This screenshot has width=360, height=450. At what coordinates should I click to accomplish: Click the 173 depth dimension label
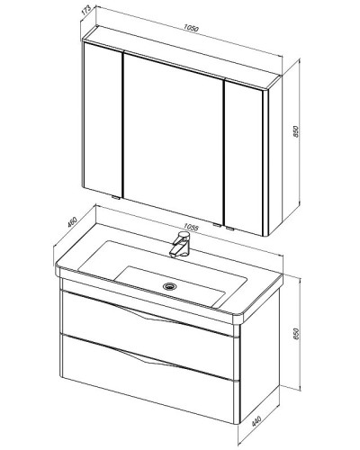[x=86, y=11]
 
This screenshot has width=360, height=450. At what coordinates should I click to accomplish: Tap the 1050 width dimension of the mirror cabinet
[x=191, y=28]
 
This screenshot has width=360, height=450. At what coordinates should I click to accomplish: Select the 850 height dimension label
[x=296, y=131]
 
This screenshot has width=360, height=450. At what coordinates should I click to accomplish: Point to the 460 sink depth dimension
[x=72, y=222]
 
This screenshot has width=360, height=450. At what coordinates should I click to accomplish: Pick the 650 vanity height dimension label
[x=296, y=334]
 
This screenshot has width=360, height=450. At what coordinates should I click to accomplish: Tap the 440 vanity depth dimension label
[x=256, y=421]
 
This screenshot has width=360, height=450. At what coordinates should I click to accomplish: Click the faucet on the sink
[x=179, y=244]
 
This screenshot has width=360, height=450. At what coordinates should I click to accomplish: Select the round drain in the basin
[x=170, y=286]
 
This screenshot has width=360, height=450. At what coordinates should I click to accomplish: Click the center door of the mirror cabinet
[x=174, y=137]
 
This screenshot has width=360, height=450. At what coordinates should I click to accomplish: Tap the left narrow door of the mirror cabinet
[x=103, y=119]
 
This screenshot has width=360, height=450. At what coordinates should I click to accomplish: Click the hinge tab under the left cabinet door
[x=116, y=198]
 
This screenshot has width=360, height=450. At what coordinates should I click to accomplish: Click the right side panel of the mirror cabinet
[x=275, y=156]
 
